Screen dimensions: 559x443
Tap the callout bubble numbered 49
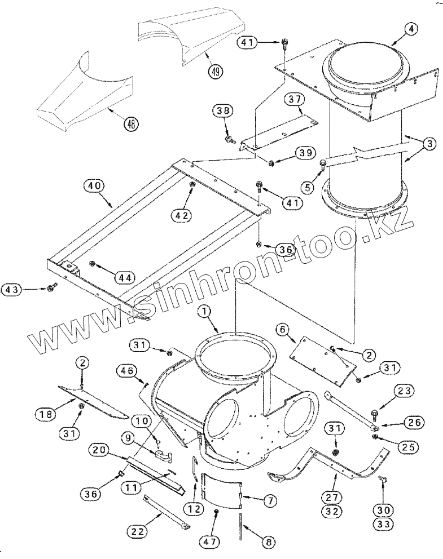(215, 72)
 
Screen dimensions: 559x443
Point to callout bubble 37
(293, 100)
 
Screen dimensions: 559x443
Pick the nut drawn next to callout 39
(271, 163)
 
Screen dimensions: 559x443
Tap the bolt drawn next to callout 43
(52, 289)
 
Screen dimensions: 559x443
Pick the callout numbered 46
(128, 371)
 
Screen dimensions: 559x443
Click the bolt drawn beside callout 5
(323, 165)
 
